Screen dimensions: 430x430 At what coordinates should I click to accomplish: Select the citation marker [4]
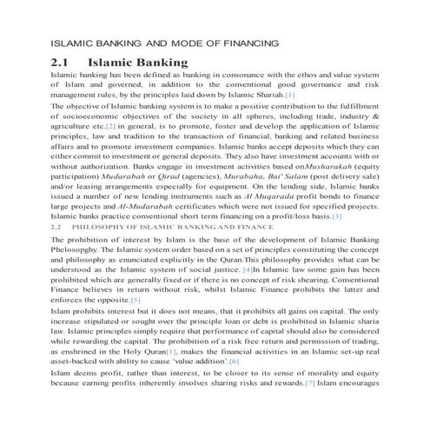[x=271, y=271]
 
